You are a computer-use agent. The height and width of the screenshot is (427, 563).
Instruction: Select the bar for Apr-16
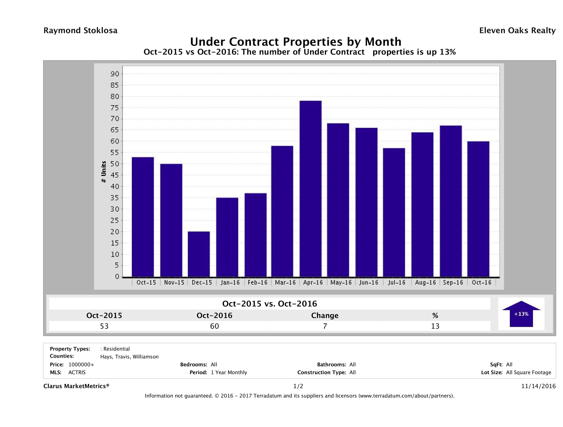tap(311, 189)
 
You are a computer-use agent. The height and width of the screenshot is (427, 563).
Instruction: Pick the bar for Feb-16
tap(256, 235)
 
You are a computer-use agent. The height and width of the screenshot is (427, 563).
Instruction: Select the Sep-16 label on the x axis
tap(453, 282)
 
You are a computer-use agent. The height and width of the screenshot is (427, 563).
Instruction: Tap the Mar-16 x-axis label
tap(285, 282)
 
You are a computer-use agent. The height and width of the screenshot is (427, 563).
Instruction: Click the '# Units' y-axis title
tap(104, 172)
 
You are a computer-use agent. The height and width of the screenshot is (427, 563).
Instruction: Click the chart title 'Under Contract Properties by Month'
tap(296, 42)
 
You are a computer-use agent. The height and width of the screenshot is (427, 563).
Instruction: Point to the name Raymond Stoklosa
tap(80, 31)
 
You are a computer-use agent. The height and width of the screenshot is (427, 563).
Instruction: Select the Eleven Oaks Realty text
tap(517, 31)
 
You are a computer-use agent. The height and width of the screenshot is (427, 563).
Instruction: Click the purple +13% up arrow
tap(521, 314)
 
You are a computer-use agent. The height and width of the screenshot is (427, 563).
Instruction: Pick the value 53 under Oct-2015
tap(104, 326)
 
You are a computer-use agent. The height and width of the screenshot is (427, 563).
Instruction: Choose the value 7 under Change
tap(325, 326)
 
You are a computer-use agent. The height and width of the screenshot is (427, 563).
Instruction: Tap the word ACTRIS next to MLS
tap(77, 373)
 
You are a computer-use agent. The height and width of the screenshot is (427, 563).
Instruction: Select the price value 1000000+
tap(81, 365)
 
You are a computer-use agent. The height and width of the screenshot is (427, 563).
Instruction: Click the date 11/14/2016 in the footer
tap(538, 386)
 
